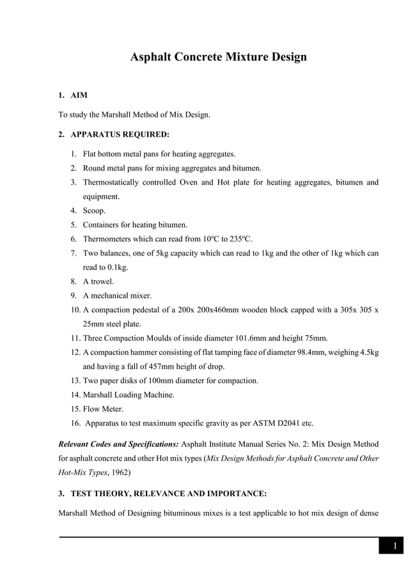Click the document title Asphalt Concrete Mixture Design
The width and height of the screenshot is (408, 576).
(x=218, y=57)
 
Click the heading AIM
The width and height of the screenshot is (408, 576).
(x=79, y=95)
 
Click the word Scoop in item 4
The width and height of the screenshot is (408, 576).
(x=93, y=211)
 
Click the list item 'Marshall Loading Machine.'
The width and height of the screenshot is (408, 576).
(x=129, y=395)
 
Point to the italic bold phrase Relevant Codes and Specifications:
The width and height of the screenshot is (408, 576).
(x=118, y=444)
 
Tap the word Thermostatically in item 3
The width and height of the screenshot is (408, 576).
(x=114, y=183)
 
